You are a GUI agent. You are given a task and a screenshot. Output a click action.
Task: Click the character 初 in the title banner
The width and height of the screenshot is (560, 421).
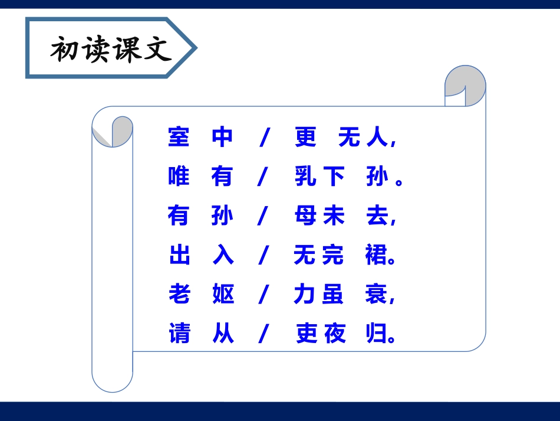pyautogui.click(x=65, y=50)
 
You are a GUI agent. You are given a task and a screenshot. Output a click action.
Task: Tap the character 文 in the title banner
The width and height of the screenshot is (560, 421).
pyautogui.click(x=156, y=50)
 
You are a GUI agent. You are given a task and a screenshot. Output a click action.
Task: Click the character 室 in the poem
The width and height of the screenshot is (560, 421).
pyautogui.click(x=179, y=137)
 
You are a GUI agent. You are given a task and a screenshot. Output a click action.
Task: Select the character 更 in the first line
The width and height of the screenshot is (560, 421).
pyautogui.click(x=306, y=137)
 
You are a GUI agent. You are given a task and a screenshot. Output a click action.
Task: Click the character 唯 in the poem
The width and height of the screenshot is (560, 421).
pyautogui.click(x=179, y=177)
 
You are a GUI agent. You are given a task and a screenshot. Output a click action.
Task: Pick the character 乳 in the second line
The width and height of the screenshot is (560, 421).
pyautogui.click(x=306, y=177)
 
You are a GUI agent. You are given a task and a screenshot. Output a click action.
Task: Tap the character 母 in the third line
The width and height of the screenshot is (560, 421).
pyautogui.click(x=306, y=216)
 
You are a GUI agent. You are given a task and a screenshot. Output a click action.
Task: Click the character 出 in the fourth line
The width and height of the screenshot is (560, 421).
pyautogui.click(x=179, y=256)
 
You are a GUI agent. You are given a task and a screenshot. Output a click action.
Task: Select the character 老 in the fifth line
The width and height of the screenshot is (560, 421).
pyautogui.click(x=179, y=295)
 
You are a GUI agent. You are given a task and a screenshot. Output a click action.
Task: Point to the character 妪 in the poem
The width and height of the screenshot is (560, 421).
pyautogui.click(x=223, y=295)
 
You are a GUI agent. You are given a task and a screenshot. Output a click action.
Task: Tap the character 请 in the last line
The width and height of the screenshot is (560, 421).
pyautogui.click(x=179, y=334)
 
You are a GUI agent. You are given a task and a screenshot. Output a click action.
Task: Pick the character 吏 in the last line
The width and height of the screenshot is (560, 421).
pyautogui.click(x=306, y=334)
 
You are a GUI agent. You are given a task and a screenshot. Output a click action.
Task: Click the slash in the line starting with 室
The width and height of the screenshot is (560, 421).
pyautogui.click(x=264, y=138)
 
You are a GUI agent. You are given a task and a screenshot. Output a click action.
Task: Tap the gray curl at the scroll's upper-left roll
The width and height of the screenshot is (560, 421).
pyautogui.click(x=118, y=131)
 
